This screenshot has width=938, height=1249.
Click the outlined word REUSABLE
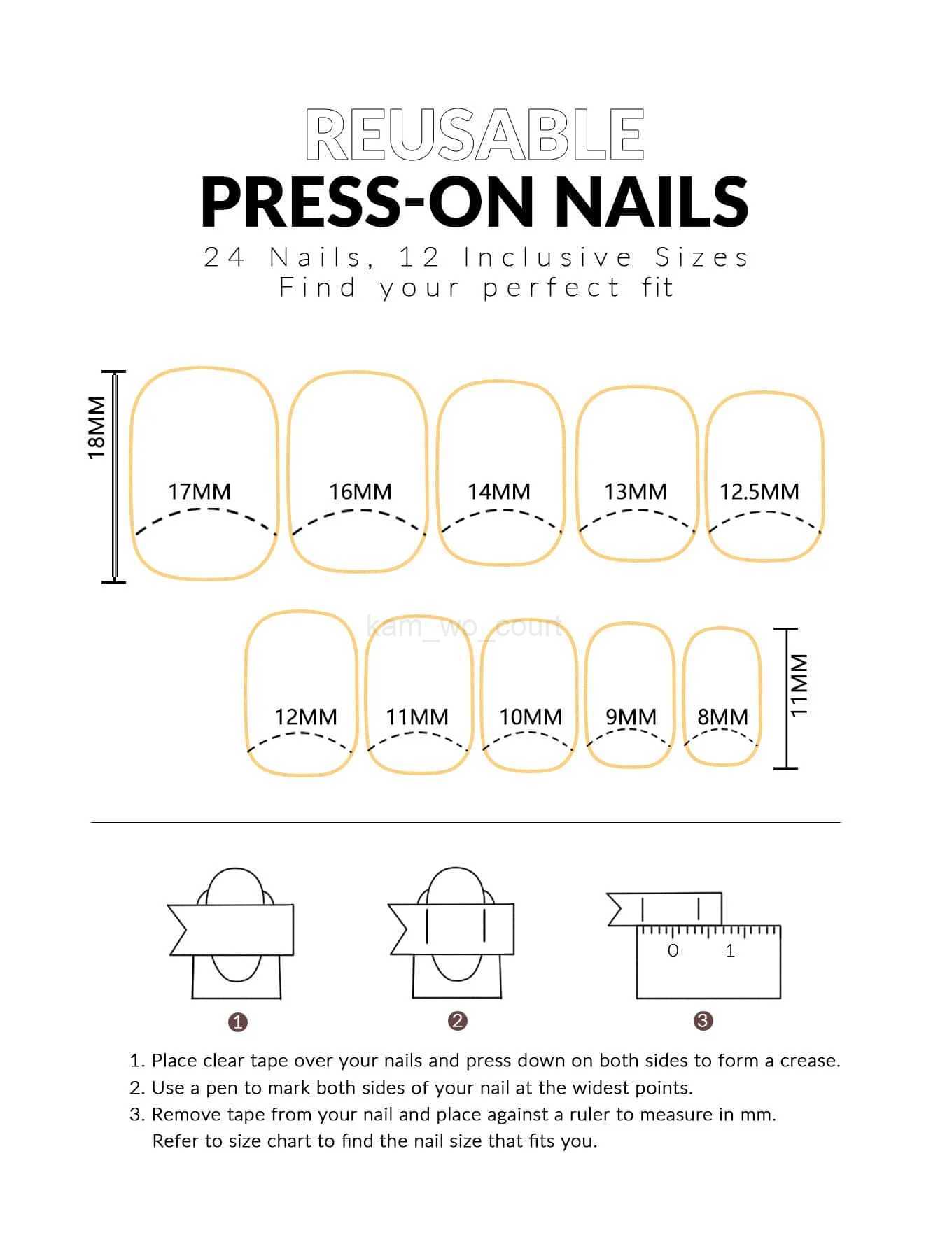coord(475,134)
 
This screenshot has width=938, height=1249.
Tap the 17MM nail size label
coord(199,492)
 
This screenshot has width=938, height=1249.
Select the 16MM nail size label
coord(360,492)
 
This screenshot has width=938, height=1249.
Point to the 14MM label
coord(499,492)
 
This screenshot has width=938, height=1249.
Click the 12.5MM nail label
coord(759,492)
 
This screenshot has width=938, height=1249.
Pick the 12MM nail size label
coord(305,717)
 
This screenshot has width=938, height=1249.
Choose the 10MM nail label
coord(530,717)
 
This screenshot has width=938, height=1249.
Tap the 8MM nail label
coord(722,717)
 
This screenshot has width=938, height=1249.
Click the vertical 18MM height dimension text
coord(97,428)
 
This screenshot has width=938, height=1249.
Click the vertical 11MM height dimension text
coord(799,685)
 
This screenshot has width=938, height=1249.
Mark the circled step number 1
coord(238,1022)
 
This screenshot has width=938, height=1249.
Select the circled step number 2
coord(457,1021)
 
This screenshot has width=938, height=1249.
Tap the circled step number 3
coord(703,1021)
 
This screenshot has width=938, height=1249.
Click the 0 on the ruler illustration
coord(673,950)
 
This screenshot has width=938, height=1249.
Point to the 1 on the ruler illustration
coord(730,950)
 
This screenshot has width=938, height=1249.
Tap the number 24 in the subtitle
coord(224,257)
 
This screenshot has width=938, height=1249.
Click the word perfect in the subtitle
coord(551,288)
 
